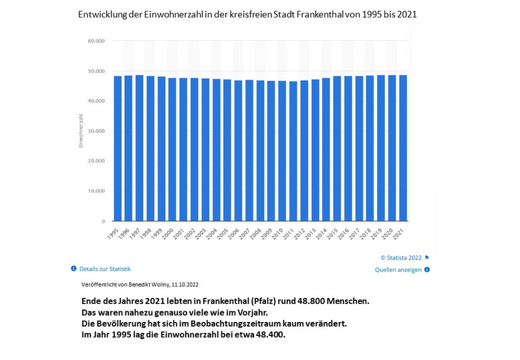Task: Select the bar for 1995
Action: tap(118, 148)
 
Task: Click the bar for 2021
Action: tap(402, 148)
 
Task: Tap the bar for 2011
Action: tap(293, 151)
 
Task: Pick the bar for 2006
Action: tap(238, 150)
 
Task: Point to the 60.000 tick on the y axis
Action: tap(96, 41)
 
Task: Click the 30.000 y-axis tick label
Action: tap(96, 131)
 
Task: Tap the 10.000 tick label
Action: tap(96, 191)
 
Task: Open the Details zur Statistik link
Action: tap(105, 268)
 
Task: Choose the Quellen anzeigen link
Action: tap(398, 270)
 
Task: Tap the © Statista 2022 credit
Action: tap(401, 257)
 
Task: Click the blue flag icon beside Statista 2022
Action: tap(427, 257)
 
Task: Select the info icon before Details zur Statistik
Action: tap(74, 268)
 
